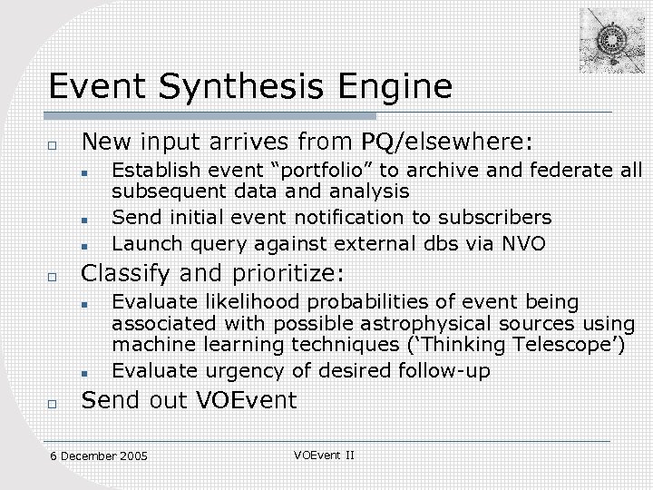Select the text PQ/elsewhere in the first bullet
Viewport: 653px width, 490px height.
click(x=447, y=142)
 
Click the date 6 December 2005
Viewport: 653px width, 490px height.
click(x=99, y=456)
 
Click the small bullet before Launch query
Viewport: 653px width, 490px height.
click(x=82, y=244)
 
